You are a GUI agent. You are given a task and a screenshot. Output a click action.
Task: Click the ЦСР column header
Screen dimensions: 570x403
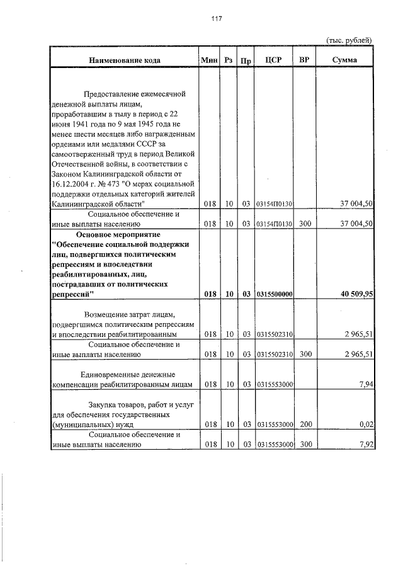click(273, 60)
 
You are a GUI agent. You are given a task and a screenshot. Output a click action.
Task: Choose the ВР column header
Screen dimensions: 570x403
click(305, 60)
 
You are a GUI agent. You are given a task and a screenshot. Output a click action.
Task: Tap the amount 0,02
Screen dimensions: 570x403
click(366, 426)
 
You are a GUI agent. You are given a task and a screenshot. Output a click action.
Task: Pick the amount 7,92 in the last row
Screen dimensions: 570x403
click(366, 444)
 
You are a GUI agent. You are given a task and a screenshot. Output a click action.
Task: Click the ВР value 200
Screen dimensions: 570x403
click(305, 426)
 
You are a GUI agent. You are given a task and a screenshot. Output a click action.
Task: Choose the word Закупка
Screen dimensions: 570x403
click(102, 406)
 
